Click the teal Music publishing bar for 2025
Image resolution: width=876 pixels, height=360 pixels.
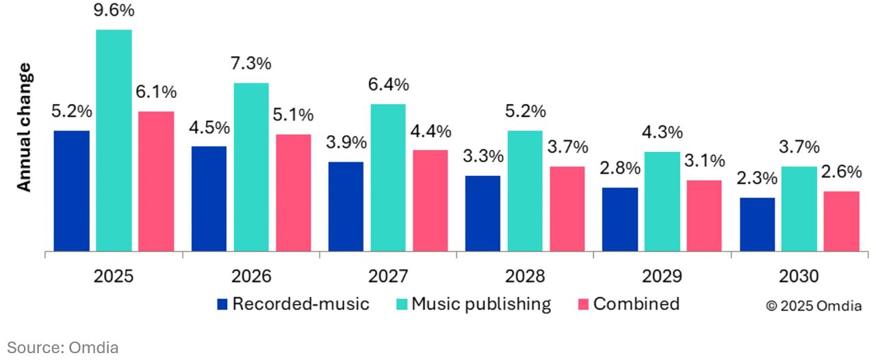pyautogui.click(x=114, y=140)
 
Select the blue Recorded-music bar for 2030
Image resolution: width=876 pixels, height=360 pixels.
pyautogui.click(x=757, y=224)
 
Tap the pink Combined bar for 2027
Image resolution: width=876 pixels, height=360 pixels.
pyautogui.click(x=430, y=201)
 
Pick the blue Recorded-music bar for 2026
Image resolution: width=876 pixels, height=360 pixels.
pyautogui.click(x=209, y=198)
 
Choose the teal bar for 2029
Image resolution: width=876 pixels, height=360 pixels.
pyautogui.click(x=662, y=201)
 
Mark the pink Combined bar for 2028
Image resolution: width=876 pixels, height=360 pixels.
pyautogui.click(x=567, y=209)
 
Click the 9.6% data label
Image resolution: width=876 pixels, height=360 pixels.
pyautogui.click(x=114, y=12)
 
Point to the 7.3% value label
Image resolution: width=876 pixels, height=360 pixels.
pyautogui.click(x=251, y=64)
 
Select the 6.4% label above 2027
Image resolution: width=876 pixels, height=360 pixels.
pyautogui.click(x=388, y=85)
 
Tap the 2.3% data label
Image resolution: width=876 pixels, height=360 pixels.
pyautogui.click(x=757, y=179)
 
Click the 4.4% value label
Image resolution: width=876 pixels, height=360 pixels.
pyautogui.click(x=430, y=131)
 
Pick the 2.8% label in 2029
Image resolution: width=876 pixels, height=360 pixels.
pyautogui.click(x=620, y=168)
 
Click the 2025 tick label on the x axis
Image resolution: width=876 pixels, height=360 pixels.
pyautogui.click(x=114, y=277)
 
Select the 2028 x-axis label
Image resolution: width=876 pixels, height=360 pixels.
pyautogui.click(x=525, y=277)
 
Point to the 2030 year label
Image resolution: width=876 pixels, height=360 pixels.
pyautogui.click(x=799, y=277)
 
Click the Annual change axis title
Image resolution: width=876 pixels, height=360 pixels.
pyautogui.click(x=24, y=127)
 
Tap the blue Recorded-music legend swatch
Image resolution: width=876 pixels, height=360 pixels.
pyautogui.click(x=222, y=305)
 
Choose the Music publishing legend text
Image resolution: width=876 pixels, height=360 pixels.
pyautogui.click(x=480, y=304)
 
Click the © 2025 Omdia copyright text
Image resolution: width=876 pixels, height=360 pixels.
pyautogui.click(x=813, y=306)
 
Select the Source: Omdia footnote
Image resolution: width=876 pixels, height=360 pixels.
pyautogui.click(x=63, y=348)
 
